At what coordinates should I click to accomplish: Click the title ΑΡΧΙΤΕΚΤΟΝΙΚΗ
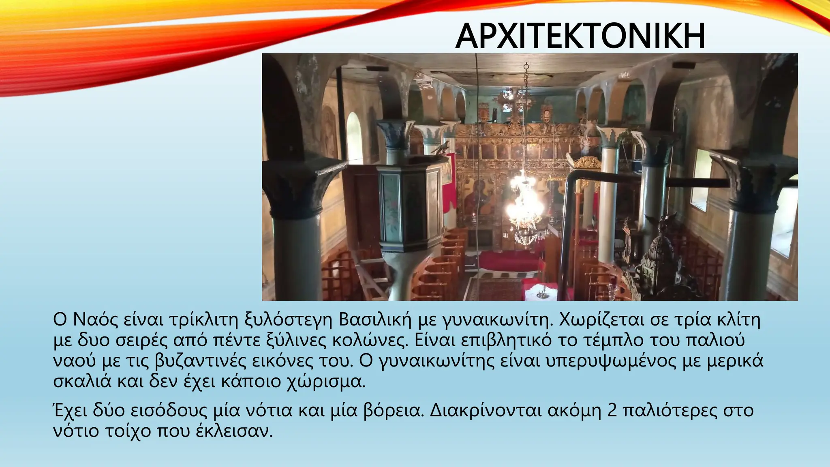(x=580, y=36)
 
